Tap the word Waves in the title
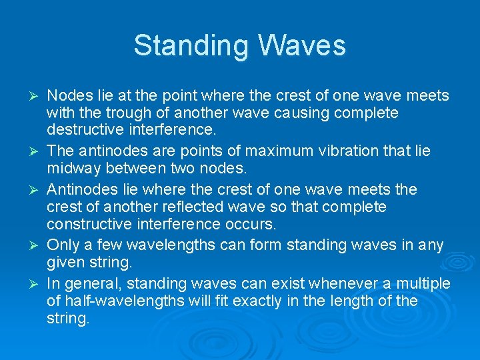pos(301,45)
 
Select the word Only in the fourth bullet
pos(61,245)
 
